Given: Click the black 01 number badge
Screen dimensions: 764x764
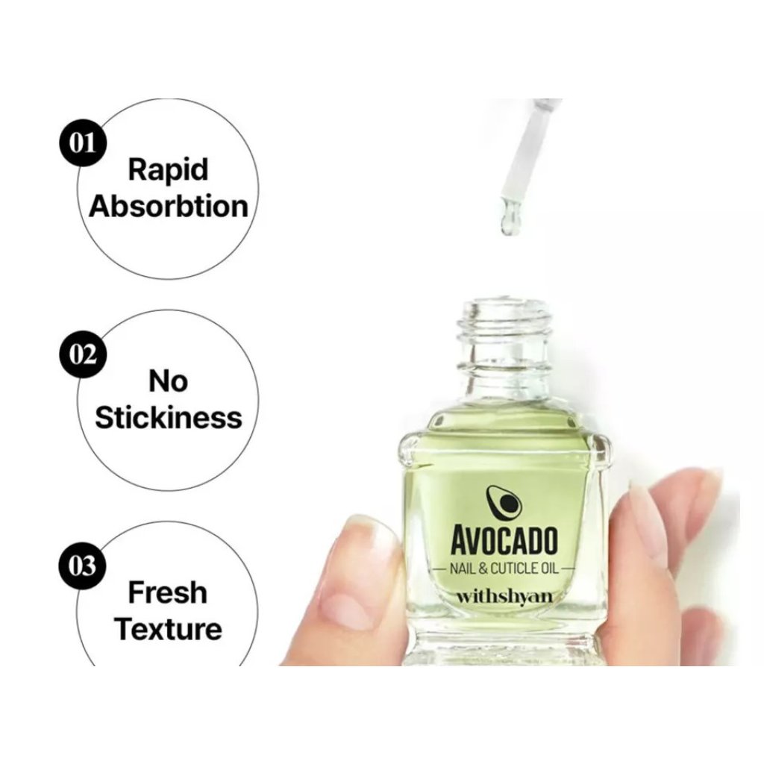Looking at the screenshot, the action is click(x=82, y=144).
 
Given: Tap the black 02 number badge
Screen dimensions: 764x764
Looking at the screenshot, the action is click(x=82, y=354).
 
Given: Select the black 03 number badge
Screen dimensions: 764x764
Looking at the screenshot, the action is click(x=82, y=566).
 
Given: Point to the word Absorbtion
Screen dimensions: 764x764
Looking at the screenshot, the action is click(x=169, y=207).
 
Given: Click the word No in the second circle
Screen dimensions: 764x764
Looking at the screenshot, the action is click(x=168, y=381).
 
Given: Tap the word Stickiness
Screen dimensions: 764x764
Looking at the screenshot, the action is click(x=168, y=418).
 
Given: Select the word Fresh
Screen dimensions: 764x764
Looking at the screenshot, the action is click(x=168, y=592).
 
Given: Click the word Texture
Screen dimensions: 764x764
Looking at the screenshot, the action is click(x=168, y=629).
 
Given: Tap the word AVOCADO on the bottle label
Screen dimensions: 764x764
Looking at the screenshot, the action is click(x=504, y=540).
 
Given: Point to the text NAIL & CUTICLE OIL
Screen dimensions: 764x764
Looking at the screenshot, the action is click(x=504, y=569).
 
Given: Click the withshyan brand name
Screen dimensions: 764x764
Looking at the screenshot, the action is click(x=504, y=597).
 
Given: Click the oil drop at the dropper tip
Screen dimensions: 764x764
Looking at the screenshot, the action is click(x=507, y=225).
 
